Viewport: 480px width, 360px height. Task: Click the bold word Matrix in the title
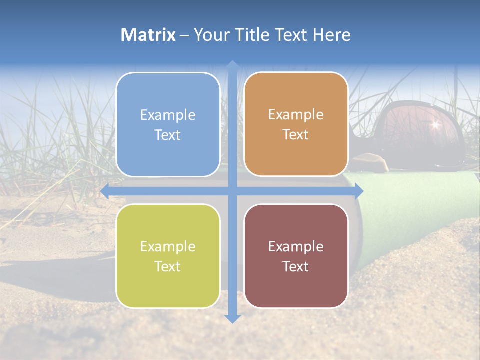pyautogui.click(x=148, y=35)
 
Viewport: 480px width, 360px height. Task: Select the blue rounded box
pyautogui.click(x=168, y=124)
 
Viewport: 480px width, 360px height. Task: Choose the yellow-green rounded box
pyautogui.click(x=168, y=256)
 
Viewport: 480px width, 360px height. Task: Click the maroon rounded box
pyautogui.click(x=296, y=256)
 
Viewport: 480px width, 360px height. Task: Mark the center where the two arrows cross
pyautogui.click(x=232, y=191)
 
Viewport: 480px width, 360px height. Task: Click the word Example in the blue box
pyautogui.click(x=168, y=115)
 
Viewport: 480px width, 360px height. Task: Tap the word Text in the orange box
pyautogui.click(x=296, y=135)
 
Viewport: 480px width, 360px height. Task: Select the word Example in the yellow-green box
pyautogui.click(x=168, y=247)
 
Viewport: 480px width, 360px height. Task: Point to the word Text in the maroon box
pyautogui.click(x=296, y=266)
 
